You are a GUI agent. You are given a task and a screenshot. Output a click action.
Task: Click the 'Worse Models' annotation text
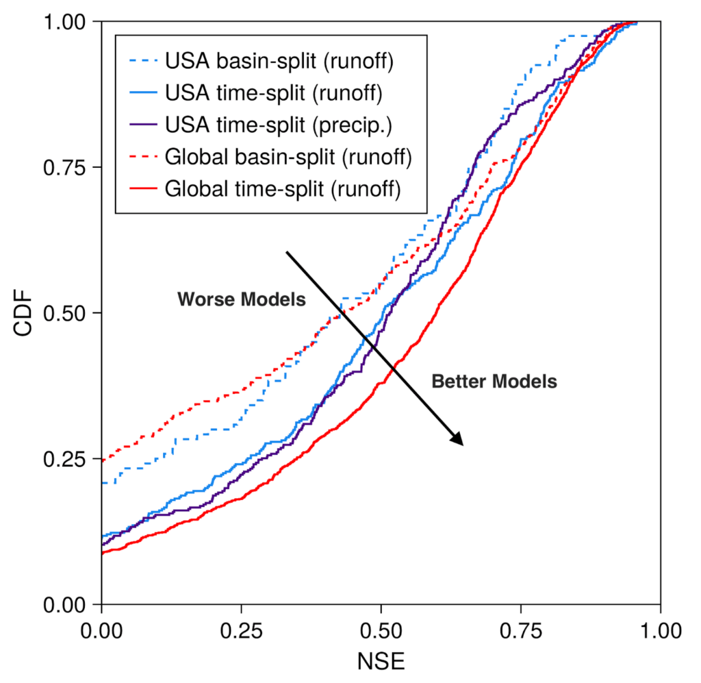pyautogui.click(x=241, y=299)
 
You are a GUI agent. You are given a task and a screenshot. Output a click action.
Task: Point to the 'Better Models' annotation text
pyautogui.click(x=494, y=382)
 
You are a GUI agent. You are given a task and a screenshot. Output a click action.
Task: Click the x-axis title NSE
pyautogui.click(x=381, y=662)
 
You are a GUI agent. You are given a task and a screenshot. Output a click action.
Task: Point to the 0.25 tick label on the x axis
pyautogui.click(x=241, y=628)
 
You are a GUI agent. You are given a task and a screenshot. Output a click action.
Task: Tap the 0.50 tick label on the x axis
pyautogui.click(x=381, y=628)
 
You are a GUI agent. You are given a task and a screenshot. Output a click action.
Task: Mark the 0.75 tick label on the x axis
pyautogui.click(x=520, y=628)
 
